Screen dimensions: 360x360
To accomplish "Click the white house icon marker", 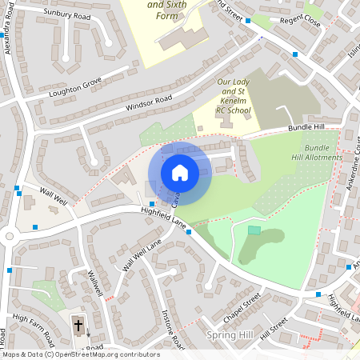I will pos(180,172).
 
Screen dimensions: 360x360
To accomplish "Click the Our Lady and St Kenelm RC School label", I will pos(234,97).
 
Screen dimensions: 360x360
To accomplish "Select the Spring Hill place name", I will pos(229,334).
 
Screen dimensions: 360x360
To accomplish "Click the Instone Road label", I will pos(174,325).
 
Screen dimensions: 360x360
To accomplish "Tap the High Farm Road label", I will pos(33,328).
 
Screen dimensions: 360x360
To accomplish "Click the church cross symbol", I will pos(78,325).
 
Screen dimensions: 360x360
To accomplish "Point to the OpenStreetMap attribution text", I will pos(81,354).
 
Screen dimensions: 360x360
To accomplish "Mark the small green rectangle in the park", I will pos(254,230).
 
